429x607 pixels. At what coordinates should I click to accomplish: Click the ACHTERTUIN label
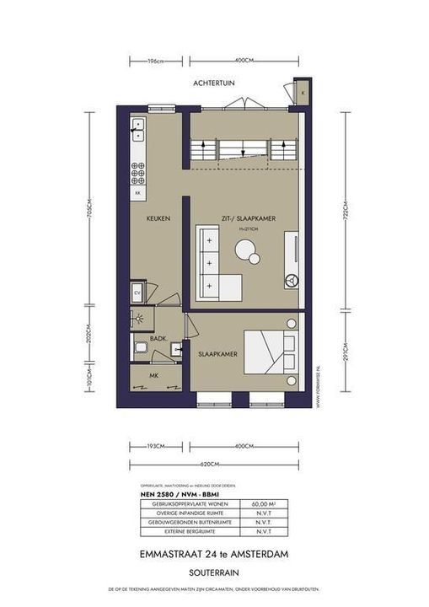pyautogui.click(x=215, y=83)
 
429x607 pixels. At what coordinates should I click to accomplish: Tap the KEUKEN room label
pyautogui.click(x=158, y=218)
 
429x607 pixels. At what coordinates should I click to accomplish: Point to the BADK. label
pyautogui.click(x=158, y=338)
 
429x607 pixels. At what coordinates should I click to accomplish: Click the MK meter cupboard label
pyautogui.click(x=153, y=375)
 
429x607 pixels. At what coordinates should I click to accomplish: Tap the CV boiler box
pyautogui.click(x=137, y=293)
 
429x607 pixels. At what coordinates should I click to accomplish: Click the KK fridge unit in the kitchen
pyautogui.click(x=137, y=193)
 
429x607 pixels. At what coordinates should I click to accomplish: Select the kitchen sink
pyautogui.click(x=137, y=130)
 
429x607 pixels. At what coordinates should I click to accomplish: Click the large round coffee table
pyautogui.click(x=248, y=250)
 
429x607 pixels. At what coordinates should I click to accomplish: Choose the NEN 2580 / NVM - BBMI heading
pyautogui.click(x=170, y=495)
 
